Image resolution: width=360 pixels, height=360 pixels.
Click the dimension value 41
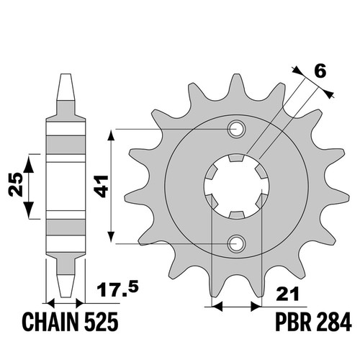pos(102,186)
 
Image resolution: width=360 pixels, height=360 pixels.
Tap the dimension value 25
pos(16,184)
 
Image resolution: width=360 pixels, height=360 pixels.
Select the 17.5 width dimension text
pos(117,289)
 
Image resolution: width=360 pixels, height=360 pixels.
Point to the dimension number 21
pos(287,293)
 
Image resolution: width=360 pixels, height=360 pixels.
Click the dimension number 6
pos(320,71)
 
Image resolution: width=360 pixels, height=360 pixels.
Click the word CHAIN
pos(50,322)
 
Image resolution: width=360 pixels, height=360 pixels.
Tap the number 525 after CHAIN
pos(101,322)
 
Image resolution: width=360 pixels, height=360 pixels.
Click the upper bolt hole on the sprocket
pos(237,130)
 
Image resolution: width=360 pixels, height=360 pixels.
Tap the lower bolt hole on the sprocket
pos(237,244)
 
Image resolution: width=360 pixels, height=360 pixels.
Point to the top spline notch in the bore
pos(237,158)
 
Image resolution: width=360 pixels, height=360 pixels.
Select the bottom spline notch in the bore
pos(237,215)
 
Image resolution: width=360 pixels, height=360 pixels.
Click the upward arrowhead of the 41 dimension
pos(111,136)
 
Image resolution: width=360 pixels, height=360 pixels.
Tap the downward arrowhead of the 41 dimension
pos(111,237)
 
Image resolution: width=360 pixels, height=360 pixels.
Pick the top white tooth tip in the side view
pos(66,87)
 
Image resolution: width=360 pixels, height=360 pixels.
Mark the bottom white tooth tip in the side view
pos(66,286)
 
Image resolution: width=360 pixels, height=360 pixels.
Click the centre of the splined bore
pos(237,186)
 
